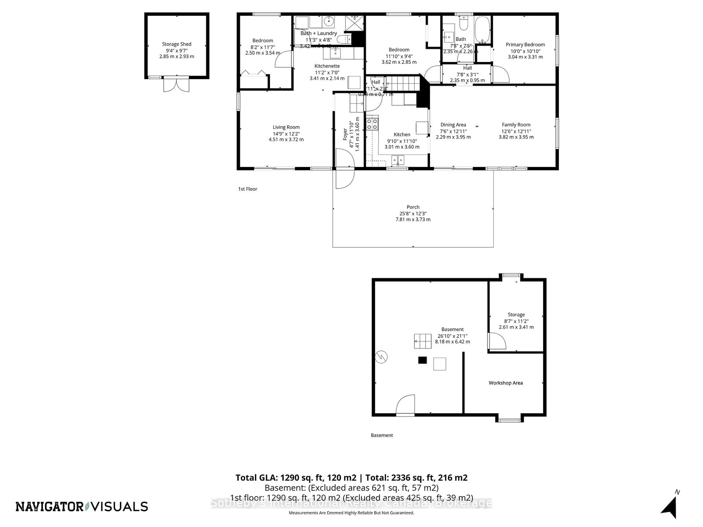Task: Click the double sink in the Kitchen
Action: (398, 160)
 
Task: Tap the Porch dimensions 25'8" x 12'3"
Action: (413, 214)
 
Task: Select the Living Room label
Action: (286, 127)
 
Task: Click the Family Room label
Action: (516, 125)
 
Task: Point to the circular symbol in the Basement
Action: (381, 357)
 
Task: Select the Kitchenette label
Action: (327, 66)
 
